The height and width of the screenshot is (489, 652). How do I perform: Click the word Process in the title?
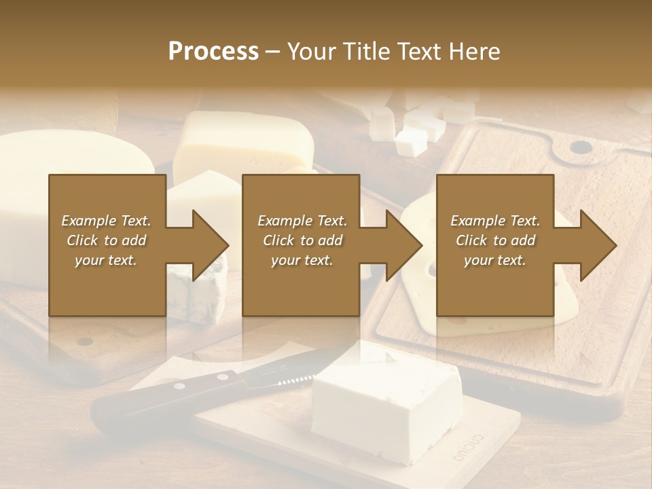click(213, 51)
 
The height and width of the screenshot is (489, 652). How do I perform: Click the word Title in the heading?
click(367, 51)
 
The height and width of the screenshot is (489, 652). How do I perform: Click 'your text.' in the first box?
click(106, 260)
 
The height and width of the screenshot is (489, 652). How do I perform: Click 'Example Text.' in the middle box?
click(302, 221)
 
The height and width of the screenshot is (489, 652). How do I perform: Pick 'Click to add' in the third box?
click(496, 240)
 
